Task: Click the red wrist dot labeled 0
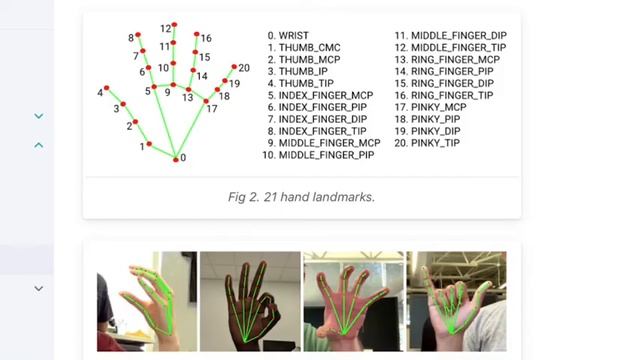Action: (176, 160)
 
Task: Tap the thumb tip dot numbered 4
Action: (107, 88)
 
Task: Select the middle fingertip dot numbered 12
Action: (174, 25)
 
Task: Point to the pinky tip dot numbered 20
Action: (234, 67)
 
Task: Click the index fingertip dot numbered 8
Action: (138, 35)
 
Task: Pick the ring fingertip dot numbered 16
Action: (197, 34)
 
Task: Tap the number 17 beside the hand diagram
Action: (212, 109)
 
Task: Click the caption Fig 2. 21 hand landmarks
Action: (301, 197)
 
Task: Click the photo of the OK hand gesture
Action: (250, 301)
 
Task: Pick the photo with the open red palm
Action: (353, 301)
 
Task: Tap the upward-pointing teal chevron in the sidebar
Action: (39, 145)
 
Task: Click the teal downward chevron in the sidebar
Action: (39, 116)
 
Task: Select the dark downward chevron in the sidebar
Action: (39, 289)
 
